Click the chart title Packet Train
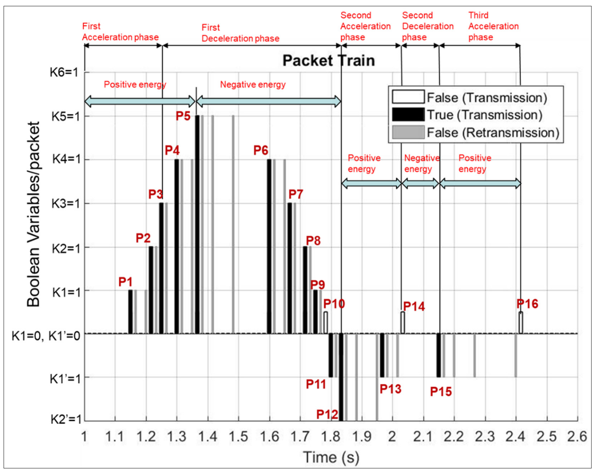[x=328, y=61]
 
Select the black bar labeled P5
[x=197, y=224]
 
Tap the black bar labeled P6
[x=269, y=246]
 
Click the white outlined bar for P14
[x=402, y=323]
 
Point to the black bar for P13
[x=382, y=355]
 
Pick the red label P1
[x=125, y=282]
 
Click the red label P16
[x=527, y=304]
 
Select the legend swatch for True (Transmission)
[x=408, y=115]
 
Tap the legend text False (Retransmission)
[x=493, y=133]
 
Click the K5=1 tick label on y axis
[x=66, y=117]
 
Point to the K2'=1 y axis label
[x=66, y=419]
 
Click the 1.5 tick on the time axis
[x=238, y=437]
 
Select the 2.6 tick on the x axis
[x=577, y=437]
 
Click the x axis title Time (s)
[x=331, y=457]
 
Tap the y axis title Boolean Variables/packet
[x=33, y=214]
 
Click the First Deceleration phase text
[x=240, y=33]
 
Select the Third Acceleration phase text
[x=493, y=26]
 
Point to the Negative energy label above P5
[x=253, y=85]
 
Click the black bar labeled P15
[x=438, y=355]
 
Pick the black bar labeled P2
[x=151, y=289]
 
